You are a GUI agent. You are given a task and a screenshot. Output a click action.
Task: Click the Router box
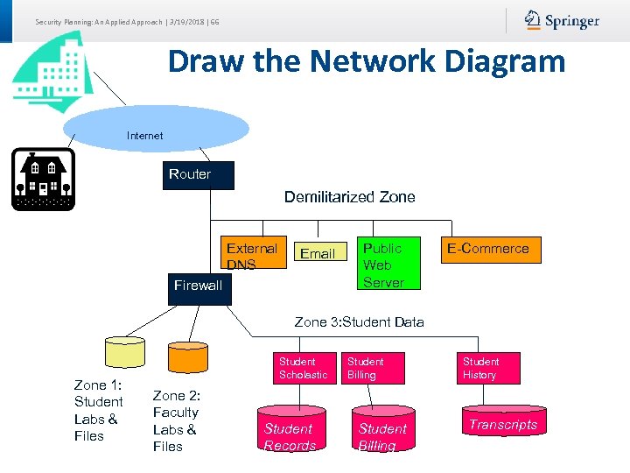click(190, 174)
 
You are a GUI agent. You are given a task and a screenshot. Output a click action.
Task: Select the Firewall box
click(199, 286)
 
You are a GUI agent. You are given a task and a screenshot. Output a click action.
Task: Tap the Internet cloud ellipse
click(156, 129)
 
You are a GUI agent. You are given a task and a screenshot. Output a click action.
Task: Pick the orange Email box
click(317, 253)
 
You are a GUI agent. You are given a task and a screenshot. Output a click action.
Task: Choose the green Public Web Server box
click(383, 263)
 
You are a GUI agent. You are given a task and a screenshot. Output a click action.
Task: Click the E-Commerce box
click(488, 249)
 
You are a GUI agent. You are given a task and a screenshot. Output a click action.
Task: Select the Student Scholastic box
click(303, 368)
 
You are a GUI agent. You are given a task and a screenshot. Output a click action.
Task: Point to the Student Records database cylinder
click(290, 431)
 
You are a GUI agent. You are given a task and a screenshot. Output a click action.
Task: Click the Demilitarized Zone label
click(349, 197)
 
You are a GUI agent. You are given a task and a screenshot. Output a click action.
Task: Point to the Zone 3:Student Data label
click(359, 321)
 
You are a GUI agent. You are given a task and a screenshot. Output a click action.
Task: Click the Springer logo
click(562, 20)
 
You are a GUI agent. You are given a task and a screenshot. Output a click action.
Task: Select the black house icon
click(43, 179)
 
